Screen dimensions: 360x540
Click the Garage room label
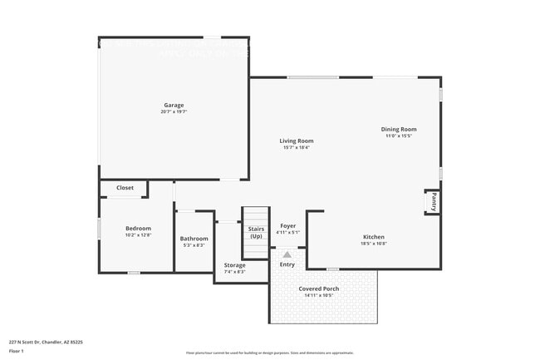(x=174, y=106)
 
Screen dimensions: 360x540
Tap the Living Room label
(x=296, y=141)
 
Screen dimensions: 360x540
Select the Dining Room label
(x=398, y=129)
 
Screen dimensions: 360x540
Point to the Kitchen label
(x=373, y=237)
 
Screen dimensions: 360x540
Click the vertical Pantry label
(x=433, y=201)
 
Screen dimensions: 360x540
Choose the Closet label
(x=125, y=188)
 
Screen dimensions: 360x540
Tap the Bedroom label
(x=138, y=228)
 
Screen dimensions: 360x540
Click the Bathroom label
(x=194, y=239)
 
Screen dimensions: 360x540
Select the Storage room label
(x=234, y=266)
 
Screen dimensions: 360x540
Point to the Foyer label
(x=287, y=226)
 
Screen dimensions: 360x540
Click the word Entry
(x=287, y=264)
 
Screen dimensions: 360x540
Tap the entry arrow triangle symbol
(x=287, y=254)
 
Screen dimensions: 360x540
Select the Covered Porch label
(x=319, y=288)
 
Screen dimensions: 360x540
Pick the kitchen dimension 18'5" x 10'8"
(x=373, y=244)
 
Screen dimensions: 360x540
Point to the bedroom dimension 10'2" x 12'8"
(x=138, y=234)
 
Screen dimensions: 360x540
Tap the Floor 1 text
(x=17, y=351)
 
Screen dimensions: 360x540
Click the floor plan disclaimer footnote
(x=270, y=353)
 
